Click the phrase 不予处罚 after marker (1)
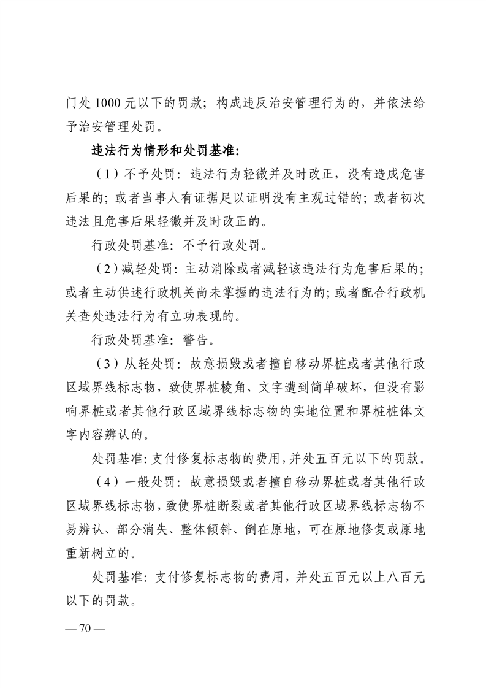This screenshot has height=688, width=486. point(147,174)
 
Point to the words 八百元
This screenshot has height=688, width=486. point(403,578)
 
